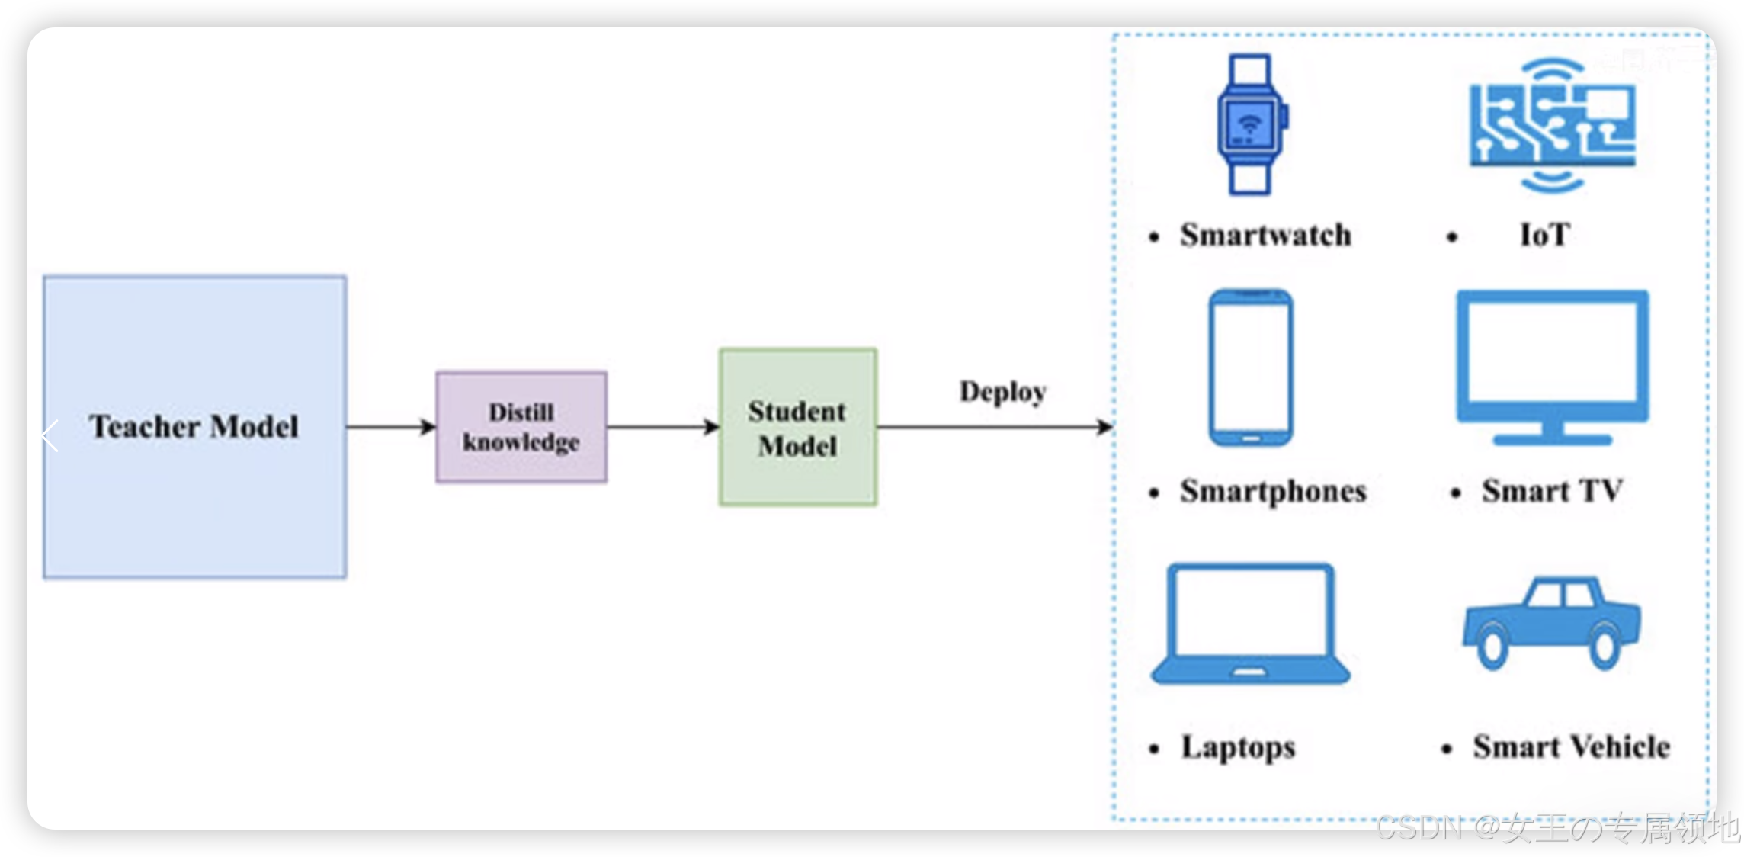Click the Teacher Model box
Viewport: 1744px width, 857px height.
point(195,427)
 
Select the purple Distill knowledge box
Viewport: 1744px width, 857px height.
point(521,427)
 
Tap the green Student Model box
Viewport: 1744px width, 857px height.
point(797,427)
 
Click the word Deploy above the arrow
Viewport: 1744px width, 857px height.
point(1002,392)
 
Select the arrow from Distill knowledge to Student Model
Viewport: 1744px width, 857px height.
point(662,427)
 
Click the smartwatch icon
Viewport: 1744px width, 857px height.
point(1251,124)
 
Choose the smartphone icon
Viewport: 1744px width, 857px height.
point(1251,368)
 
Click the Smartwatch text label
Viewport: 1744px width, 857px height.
point(1265,235)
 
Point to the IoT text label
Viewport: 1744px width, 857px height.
point(1545,235)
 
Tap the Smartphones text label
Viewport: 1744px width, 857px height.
point(1273,492)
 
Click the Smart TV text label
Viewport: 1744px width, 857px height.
point(1552,491)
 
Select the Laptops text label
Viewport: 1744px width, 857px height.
point(1238,748)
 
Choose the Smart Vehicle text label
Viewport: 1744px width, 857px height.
point(1571,747)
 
